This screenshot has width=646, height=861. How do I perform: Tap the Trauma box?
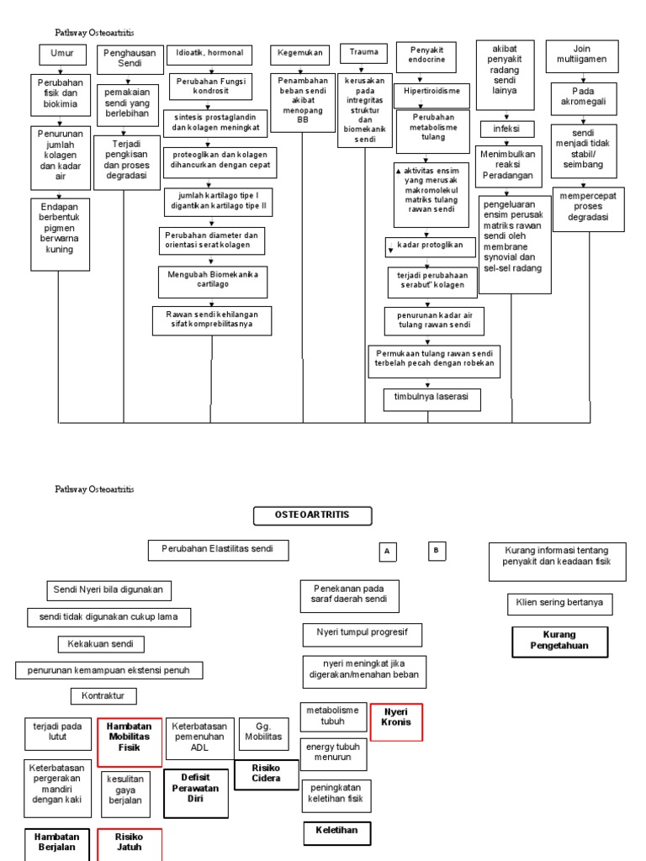point(363,53)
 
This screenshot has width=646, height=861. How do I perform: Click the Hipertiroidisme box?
point(432,90)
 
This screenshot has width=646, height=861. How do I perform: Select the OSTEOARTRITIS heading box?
point(312,515)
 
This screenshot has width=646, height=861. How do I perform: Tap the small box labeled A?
point(387,552)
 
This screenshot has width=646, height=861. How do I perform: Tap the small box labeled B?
point(436,551)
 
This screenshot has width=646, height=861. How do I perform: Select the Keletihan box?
point(336,832)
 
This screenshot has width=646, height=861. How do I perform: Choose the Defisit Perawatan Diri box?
point(195,789)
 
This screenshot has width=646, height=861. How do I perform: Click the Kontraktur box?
point(103,696)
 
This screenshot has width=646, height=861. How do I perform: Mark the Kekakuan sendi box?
point(101,644)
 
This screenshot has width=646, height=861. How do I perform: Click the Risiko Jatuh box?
point(129,843)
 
